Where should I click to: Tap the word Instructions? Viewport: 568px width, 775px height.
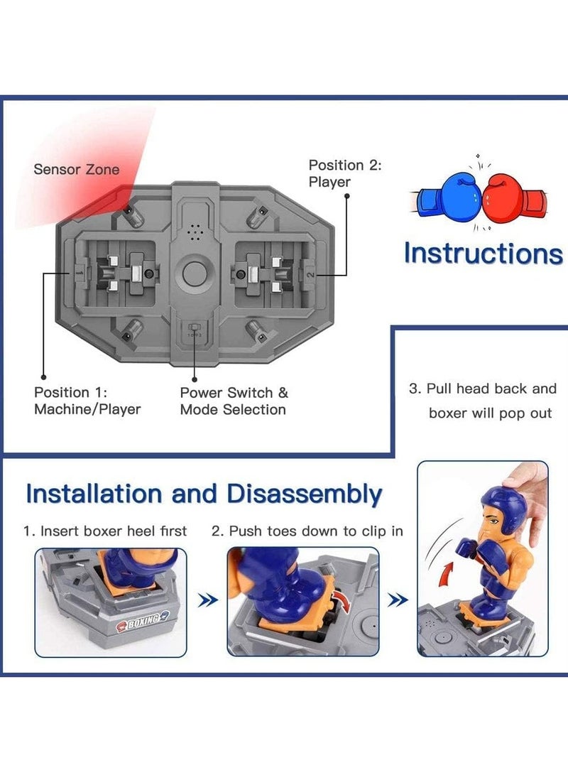tap(483, 253)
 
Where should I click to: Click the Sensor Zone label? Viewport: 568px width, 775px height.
tap(77, 169)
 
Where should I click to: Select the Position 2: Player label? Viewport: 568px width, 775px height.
tap(345, 173)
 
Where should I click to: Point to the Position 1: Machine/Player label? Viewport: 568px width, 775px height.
tap(87, 401)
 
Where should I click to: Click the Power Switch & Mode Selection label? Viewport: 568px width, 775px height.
tap(234, 401)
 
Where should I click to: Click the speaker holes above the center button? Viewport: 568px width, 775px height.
tap(193, 232)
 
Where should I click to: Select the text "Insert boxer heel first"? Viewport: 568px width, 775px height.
tap(114, 531)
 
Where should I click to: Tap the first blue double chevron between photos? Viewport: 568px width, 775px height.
tap(207, 601)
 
